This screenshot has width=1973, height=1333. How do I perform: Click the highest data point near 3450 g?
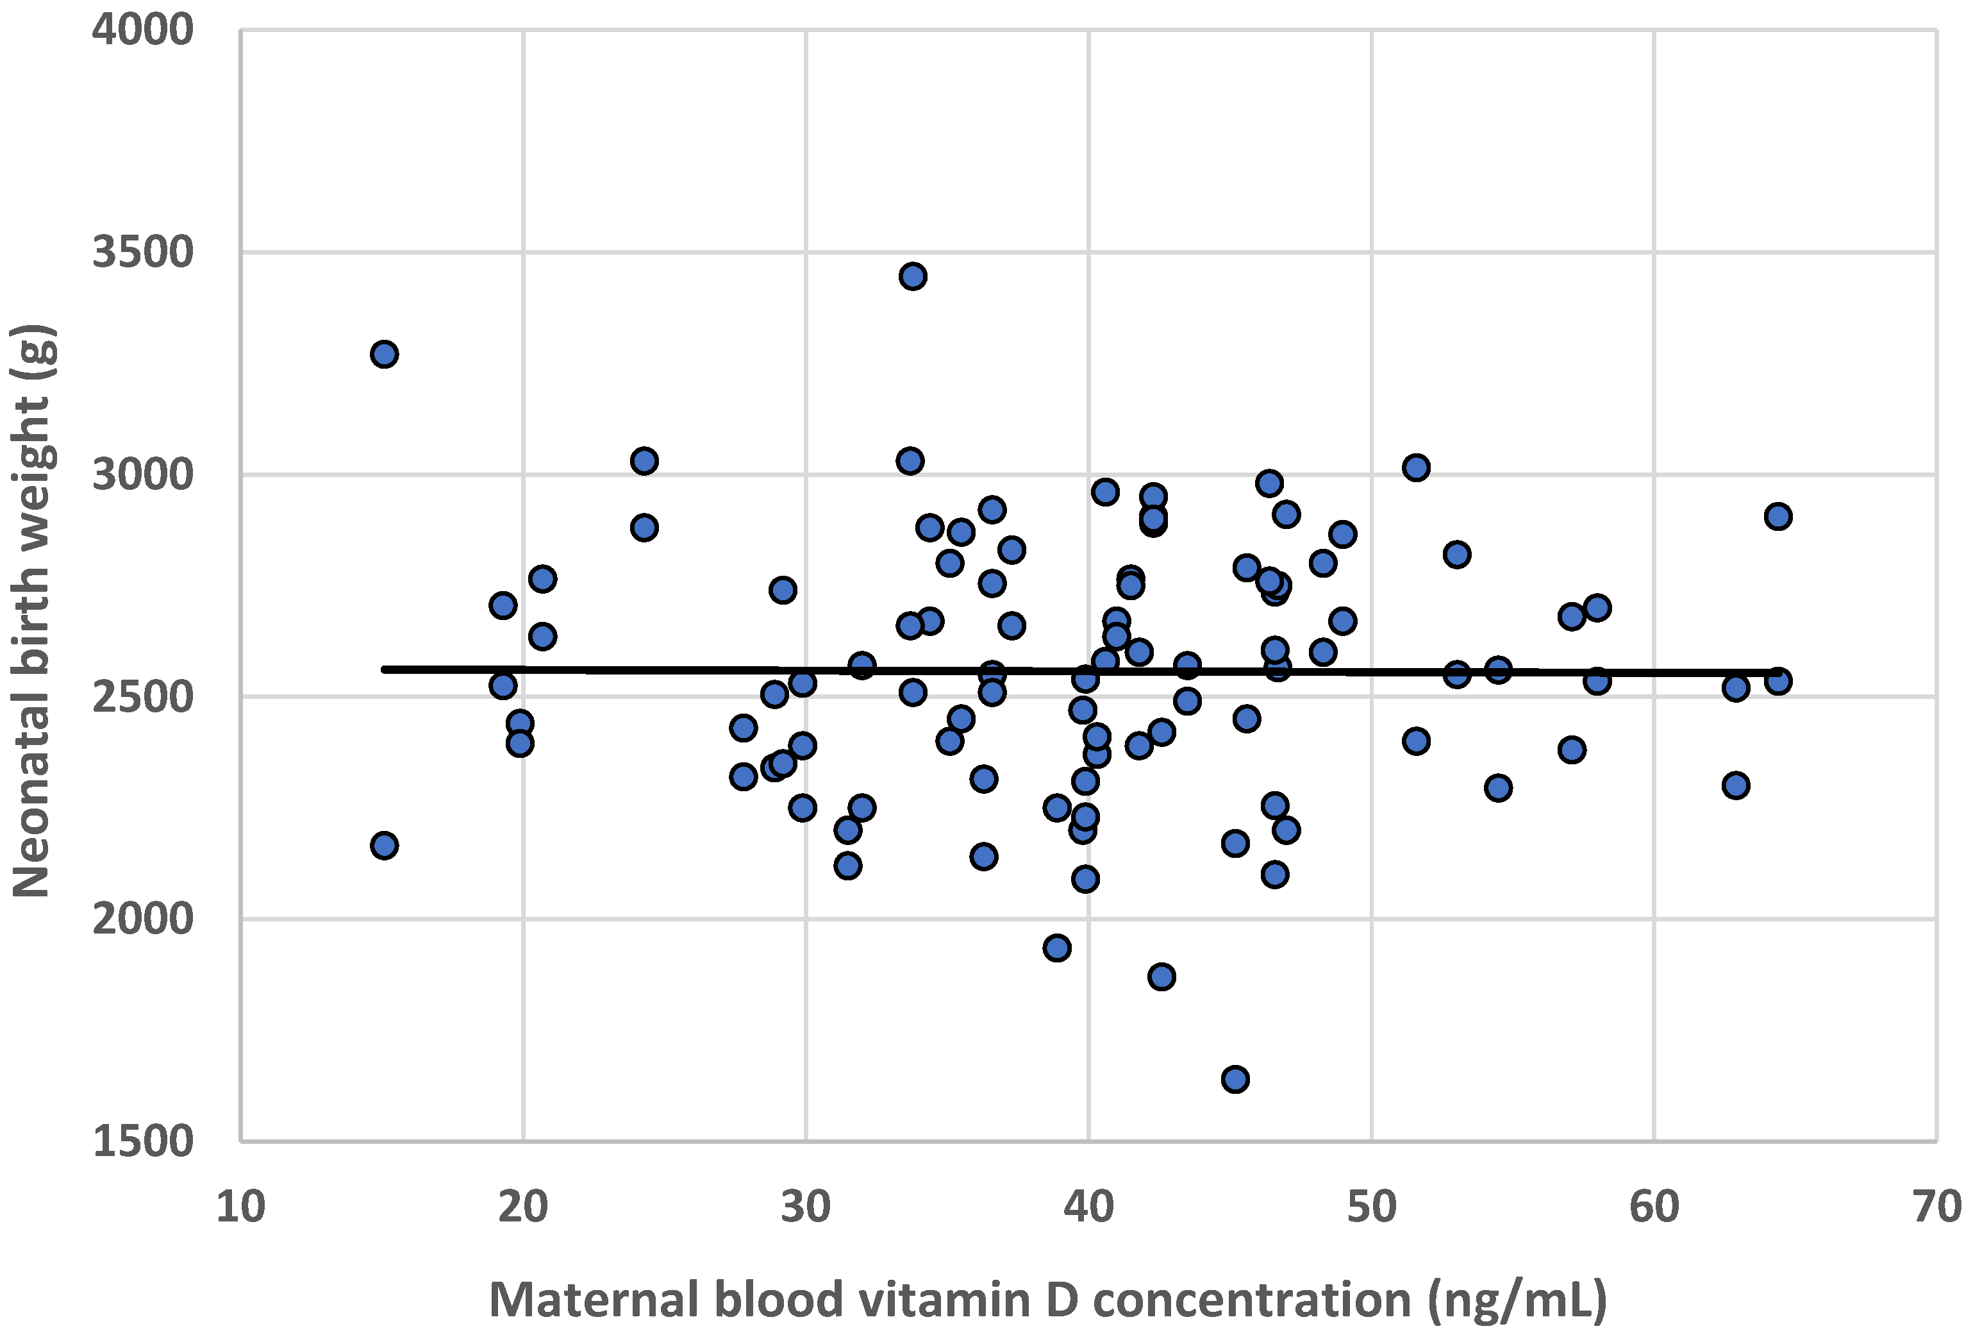(913, 276)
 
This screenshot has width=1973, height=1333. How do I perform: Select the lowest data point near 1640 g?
(1235, 1079)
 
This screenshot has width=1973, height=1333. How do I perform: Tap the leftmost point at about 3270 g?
(385, 354)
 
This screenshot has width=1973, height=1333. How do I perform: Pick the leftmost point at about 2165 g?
(385, 846)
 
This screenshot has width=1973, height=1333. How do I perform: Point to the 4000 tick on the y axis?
(143, 31)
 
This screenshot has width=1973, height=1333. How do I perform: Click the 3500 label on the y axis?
(143, 253)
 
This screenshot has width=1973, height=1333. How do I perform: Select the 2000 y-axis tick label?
(143, 919)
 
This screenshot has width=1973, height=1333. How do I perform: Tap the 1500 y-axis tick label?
(143, 1141)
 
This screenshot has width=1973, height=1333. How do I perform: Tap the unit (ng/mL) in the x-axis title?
(1517, 1299)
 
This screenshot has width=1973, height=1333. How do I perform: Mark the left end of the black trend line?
(385, 669)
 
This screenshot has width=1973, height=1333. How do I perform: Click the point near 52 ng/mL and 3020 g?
(1416, 467)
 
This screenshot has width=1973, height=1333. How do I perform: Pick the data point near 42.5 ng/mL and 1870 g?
(1162, 977)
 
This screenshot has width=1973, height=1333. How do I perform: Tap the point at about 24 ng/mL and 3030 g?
(644, 461)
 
